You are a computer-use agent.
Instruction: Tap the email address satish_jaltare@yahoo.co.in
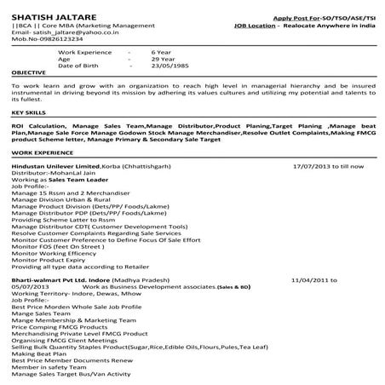click(69, 31)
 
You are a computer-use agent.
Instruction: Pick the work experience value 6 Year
click(160, 51)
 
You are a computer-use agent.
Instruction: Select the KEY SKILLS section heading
click(29, 112)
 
